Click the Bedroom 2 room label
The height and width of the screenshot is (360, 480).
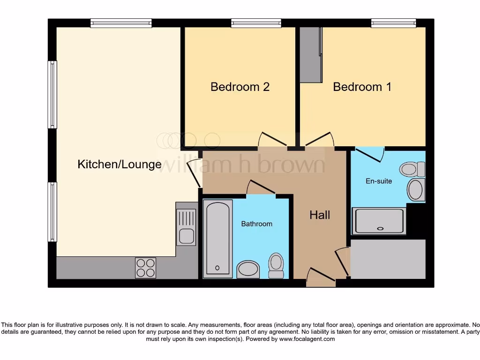coord(240,87)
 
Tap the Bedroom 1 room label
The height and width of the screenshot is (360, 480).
coord(362,87)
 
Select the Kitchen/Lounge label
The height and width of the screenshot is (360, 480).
coord(119,164)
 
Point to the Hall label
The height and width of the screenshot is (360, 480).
coord(320,215)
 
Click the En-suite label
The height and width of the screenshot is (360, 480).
coord(379,181)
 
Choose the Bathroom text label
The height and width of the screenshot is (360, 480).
coord(256,224)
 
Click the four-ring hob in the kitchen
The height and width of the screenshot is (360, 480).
coord(145,268)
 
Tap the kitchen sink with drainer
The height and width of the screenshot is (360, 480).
coord(187,227)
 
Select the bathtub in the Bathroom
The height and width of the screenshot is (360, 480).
coord(217,238)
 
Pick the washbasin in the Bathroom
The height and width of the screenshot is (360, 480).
coord(248,269)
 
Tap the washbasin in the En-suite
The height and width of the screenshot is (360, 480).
coord(415,190)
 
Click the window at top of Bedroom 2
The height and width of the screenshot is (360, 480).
coord(256,22)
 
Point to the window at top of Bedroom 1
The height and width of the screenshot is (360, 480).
coord(393,22)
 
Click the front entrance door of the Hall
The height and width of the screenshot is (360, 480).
coord(321,277)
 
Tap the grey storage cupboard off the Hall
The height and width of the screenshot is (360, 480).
coord(388,259)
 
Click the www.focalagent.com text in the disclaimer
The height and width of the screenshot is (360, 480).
coord(307,339)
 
